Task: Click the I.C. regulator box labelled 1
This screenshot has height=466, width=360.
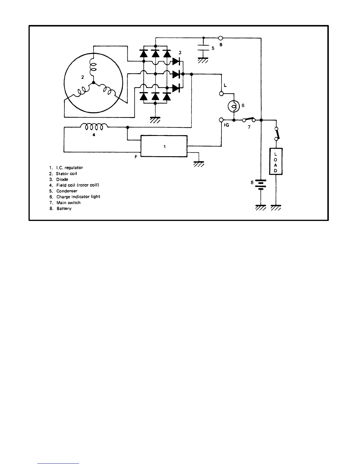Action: coord(164,147)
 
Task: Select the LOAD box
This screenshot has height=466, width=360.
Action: coord(276,162)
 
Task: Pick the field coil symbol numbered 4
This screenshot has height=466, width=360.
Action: coord(94,127)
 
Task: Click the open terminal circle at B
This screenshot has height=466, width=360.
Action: coord(221,38)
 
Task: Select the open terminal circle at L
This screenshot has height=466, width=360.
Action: coord(221,94)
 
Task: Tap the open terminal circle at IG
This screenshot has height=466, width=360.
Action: coord(221,120)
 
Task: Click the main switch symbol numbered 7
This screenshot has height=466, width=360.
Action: coord(249,119)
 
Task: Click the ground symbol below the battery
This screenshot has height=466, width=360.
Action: coord(261,207)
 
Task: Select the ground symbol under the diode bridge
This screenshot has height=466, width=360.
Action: coord(155,120)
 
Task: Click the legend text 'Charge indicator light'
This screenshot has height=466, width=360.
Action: coord(78,197)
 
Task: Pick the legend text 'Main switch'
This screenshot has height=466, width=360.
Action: coord(69,202)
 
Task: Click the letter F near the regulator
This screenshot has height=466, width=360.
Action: coord(136,157)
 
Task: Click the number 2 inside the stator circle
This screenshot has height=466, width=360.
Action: coord(83,77)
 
